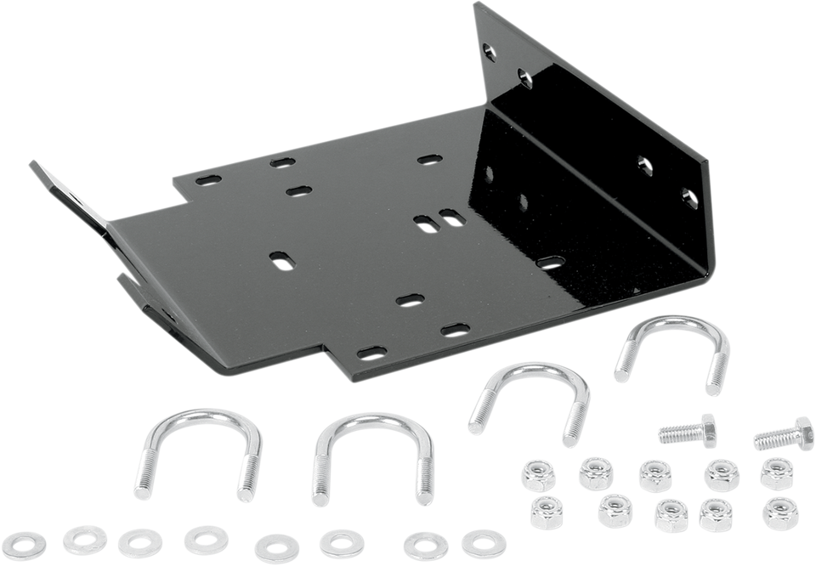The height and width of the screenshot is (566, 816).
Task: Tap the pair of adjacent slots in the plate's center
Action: click(439, 219)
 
